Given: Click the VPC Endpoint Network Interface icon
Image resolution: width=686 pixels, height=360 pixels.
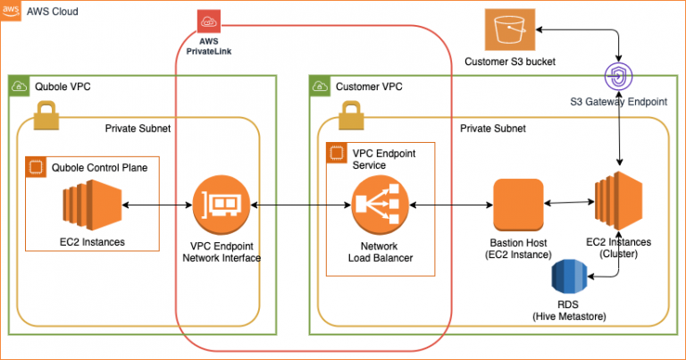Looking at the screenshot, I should (218, 206).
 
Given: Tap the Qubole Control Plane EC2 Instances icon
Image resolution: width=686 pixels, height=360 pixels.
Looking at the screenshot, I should (89, 206).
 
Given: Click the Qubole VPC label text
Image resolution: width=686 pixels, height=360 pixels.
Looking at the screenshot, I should (62, 87).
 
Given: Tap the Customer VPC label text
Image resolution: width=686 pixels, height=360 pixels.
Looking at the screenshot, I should (369, 87).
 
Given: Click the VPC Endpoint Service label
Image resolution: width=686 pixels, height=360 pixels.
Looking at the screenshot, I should (381, 159).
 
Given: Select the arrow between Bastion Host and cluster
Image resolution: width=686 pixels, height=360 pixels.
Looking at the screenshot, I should (569, 205).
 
